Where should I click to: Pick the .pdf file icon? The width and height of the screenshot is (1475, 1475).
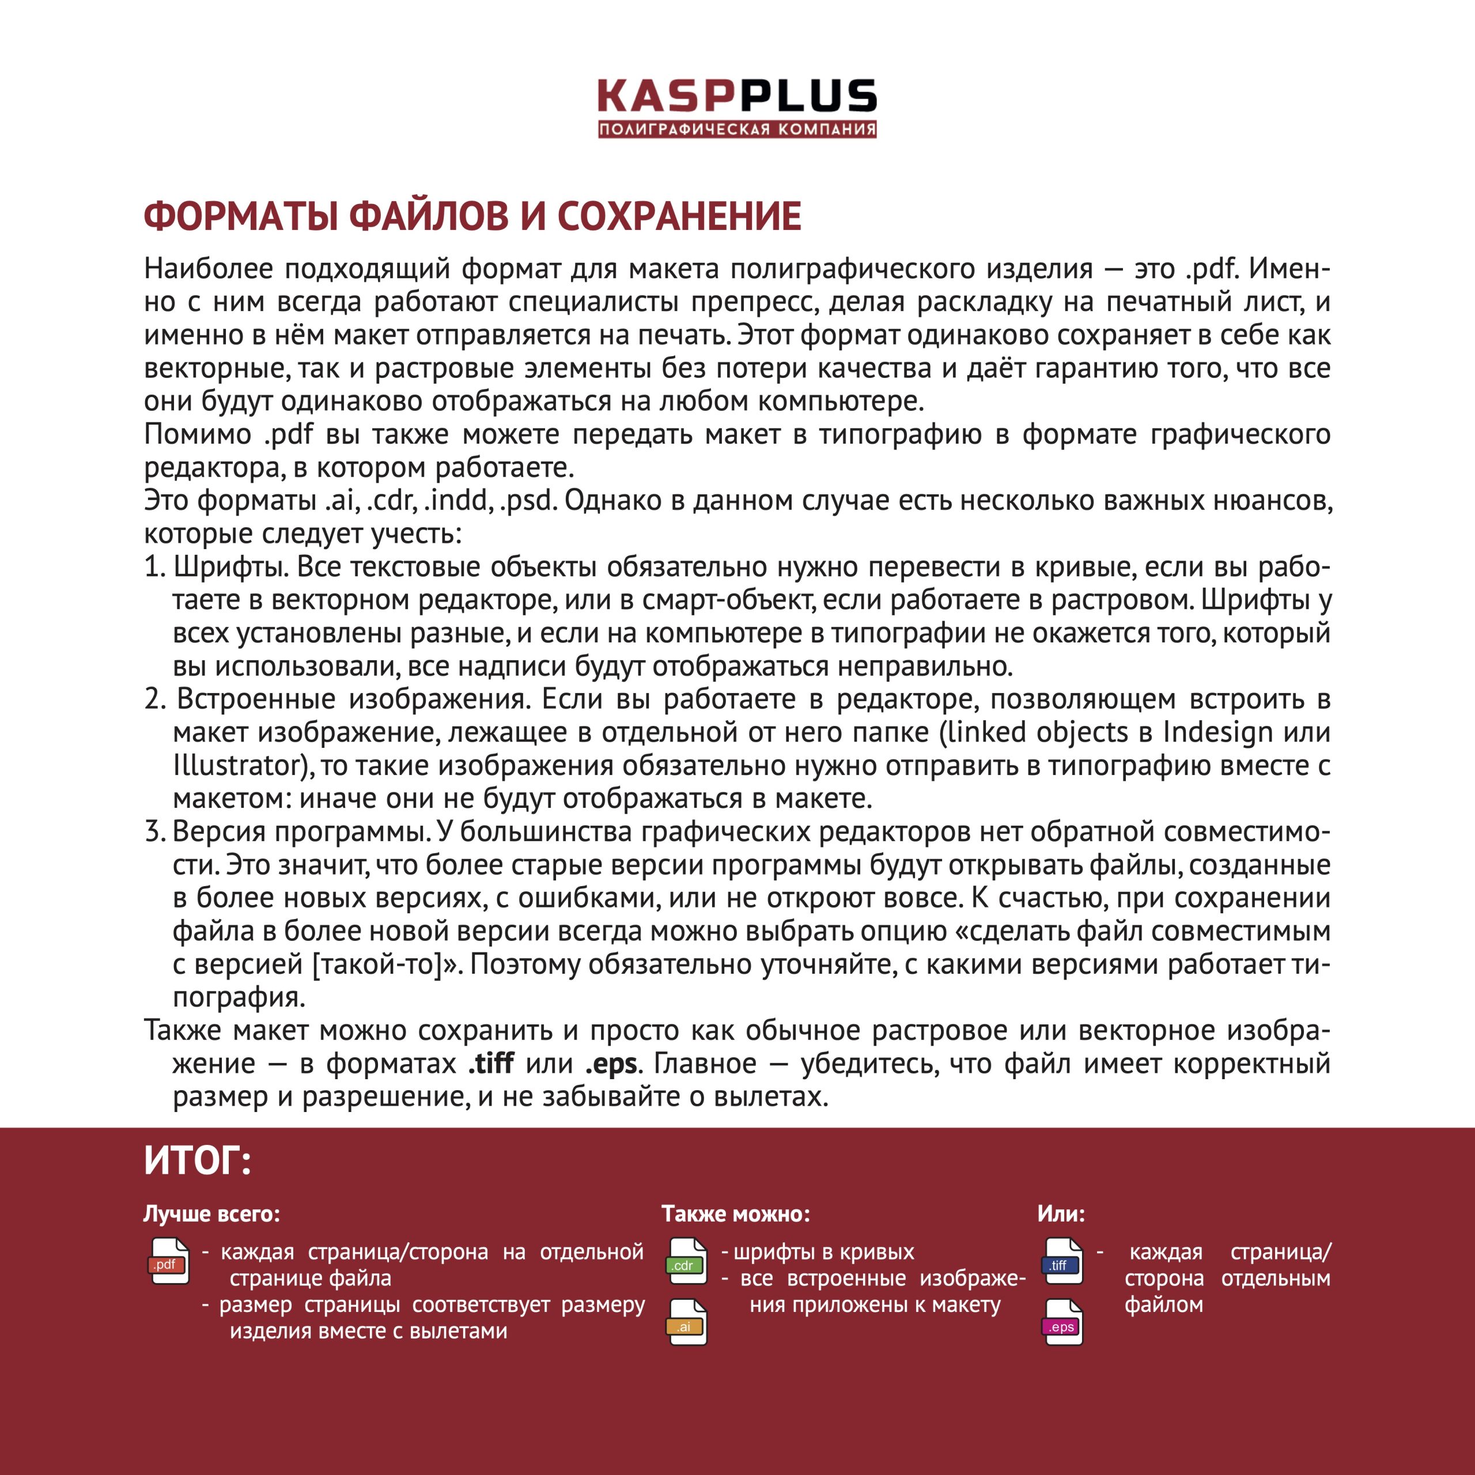tap(169, 1261)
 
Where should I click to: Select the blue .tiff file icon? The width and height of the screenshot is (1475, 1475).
tap(1062, 1262)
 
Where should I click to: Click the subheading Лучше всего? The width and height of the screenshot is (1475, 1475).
tap(211, 1214)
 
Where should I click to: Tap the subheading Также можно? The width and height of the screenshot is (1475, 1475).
tap(735, 1214)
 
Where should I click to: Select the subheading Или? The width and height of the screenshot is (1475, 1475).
tap(1060, 1214)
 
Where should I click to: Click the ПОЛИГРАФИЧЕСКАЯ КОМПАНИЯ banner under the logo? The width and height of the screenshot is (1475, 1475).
tap(737, 129)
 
